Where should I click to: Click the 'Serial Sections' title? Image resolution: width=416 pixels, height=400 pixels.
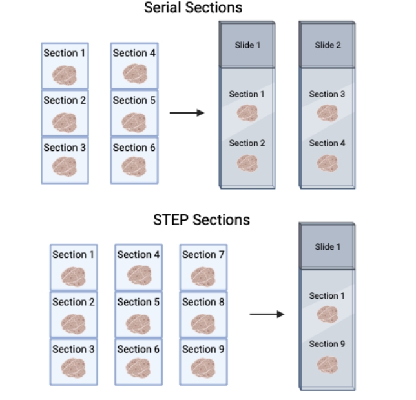coord(193,8)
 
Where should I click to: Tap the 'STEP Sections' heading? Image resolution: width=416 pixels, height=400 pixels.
coord(201,220)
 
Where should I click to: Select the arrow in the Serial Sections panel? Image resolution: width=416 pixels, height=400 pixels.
coord(187,113)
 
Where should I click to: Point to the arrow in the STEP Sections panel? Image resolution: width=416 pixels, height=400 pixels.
coord(267,314)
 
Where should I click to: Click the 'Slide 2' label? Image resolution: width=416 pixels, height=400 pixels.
coord(327,45)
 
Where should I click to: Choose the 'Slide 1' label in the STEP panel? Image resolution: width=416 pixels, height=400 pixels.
coord(327,246)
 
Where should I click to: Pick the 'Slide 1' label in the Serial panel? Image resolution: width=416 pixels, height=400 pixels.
coord(247,45)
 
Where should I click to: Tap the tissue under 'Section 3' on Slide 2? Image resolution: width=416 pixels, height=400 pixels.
coord(327,112)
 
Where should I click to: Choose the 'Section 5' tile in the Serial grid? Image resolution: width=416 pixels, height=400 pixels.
coord(134,113)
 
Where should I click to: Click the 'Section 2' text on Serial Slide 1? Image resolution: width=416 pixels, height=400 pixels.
coord(247,143)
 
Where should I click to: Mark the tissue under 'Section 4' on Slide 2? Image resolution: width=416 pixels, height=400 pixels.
coord(327,162)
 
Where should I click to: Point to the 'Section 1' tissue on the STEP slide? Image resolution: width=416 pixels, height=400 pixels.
coord(327,314)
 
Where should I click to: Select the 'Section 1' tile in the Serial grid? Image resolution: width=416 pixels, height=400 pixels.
coord(65,66)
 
